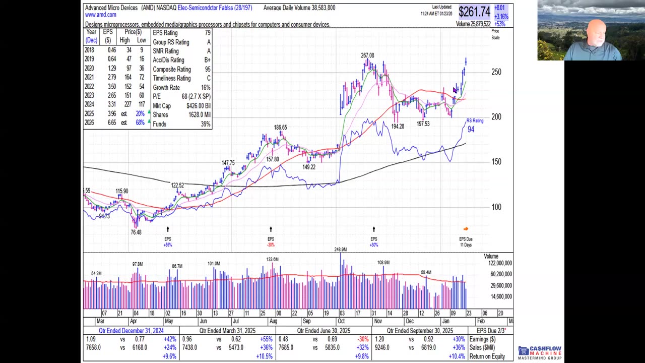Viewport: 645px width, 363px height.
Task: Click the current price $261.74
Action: click(474, 11)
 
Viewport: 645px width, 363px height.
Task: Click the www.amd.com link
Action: click(101, 15)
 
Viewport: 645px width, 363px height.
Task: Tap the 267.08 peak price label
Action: click(367, 55)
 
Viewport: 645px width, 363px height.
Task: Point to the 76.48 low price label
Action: click(136, 232)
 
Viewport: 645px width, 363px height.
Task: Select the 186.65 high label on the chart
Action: click(280, 128)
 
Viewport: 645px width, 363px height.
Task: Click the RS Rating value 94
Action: click(471, 130)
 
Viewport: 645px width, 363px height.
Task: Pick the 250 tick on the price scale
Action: click(496, 72)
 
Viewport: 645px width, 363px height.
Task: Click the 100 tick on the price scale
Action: click(496, 207)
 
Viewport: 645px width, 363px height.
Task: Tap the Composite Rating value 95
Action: click(207, 70)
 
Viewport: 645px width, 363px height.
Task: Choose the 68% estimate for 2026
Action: click(140, 123)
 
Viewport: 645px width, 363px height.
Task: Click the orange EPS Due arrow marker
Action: click(466, 229)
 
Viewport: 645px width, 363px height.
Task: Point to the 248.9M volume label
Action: click(340, 250)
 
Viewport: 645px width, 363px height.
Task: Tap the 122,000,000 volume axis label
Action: click(500, 263)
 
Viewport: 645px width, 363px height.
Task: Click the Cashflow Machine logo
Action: click(540, 352)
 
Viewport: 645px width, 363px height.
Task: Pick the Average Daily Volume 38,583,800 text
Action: click(299, 8)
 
